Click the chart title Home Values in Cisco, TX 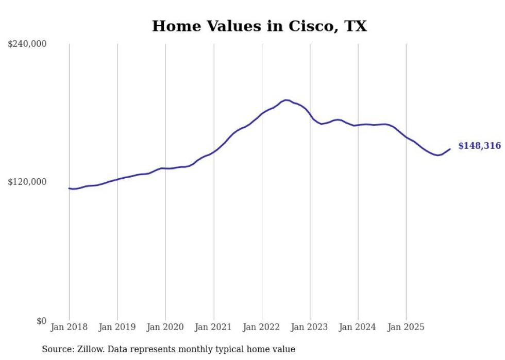(x=259, y=26)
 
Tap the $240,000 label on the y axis (x=27, y=44)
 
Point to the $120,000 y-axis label (x=27, y=182)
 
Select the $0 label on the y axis (x=41, y=321)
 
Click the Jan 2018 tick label (x=69, y=327)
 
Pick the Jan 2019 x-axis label (x=117, y=327)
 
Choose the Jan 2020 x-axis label (x=165, y=327)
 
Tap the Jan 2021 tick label (x=214, y=327)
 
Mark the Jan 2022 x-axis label (x=262, y=327)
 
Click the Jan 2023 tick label (x=310, y=327)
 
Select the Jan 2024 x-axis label (x=358, y=327)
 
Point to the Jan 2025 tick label (x=407, y=327)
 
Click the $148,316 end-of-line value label (x=479, y=146)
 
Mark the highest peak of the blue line (x=286, y=100)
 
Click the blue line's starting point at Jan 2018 (x=69, y=188)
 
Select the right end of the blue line (x=450, y=149)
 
